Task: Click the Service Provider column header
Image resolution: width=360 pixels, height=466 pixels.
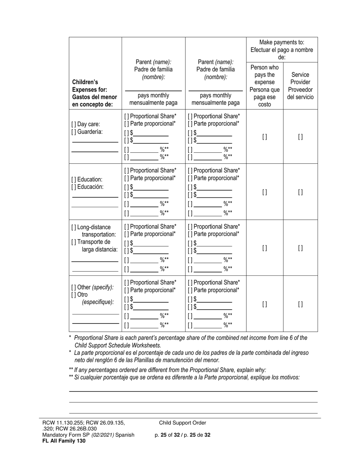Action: point(300,86)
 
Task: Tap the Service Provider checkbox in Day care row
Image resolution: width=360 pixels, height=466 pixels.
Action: point(300,137)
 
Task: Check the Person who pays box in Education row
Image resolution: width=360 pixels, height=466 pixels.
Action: point(265,192)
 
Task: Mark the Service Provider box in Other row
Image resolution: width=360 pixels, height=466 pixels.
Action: point(300,304)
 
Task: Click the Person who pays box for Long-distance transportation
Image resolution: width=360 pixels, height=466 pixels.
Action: point(265,248)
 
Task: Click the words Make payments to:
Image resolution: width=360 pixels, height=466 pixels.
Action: point(282,42)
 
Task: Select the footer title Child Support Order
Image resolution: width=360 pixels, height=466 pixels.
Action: point(183,423)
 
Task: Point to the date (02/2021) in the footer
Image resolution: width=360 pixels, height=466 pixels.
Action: point(102,435)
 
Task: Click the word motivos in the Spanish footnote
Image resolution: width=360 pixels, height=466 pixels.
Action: point(289,377)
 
